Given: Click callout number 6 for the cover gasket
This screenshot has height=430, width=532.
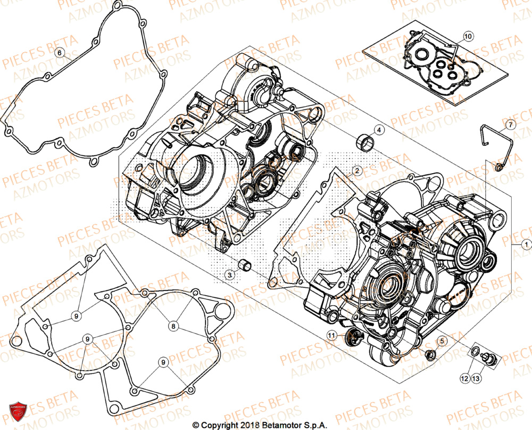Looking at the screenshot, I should [60, 52].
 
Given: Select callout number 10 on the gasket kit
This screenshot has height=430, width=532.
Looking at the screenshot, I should [467, 36].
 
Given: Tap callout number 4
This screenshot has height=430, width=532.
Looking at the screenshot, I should [379, 129].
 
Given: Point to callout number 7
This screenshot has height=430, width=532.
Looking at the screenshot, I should [509, 125].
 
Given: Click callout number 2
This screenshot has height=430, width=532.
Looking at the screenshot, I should [357, 171].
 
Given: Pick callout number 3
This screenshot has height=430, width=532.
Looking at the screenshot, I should [229, 275].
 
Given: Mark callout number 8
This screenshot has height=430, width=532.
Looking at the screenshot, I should [173, 325].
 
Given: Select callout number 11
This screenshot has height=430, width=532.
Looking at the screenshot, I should [332, 335].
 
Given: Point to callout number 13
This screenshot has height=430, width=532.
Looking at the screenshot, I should [475, 378].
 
